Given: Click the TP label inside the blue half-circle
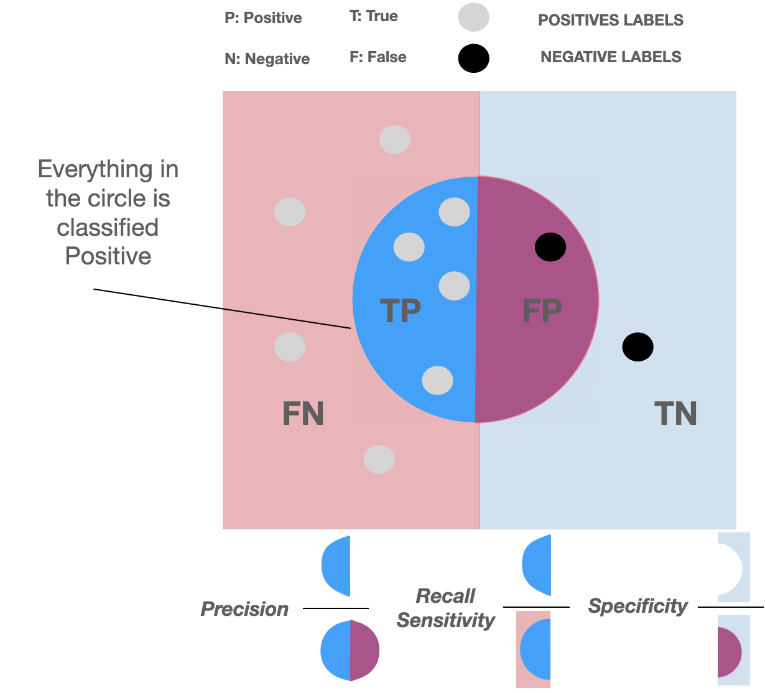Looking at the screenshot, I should click(x=400, y=310).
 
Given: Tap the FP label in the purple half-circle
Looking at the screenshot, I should click(x=542, y=310).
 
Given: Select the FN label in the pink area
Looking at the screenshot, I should click(x=303, y=414).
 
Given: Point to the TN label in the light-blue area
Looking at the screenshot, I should click(x=675, y=414).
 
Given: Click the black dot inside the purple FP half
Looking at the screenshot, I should click(x=550, y=248).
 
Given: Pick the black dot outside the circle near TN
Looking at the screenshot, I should click(x=637, y=347).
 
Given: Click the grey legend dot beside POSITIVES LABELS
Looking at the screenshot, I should click(x=473, y=18).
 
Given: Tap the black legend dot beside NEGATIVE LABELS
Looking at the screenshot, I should click(x=473, y=59).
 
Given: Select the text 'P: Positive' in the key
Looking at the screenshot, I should click(x=263, y=18).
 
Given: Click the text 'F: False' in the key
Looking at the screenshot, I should click(x=378, y=57).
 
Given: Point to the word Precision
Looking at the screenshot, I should click(x=244, y=609).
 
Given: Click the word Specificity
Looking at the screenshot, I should click(x=637, y=606).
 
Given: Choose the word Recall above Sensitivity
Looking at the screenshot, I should click(x=445, y=596).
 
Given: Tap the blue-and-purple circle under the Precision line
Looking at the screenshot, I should click(x=350, y=651).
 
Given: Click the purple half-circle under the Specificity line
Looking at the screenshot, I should click(x=729, y=652).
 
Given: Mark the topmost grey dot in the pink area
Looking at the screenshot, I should click(x=395, y=140).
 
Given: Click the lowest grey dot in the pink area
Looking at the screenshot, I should click(x=379, y=460).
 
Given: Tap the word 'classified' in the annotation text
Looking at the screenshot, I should click(x=108, y=228).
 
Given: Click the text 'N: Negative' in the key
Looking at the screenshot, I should click(x=267, y=59).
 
